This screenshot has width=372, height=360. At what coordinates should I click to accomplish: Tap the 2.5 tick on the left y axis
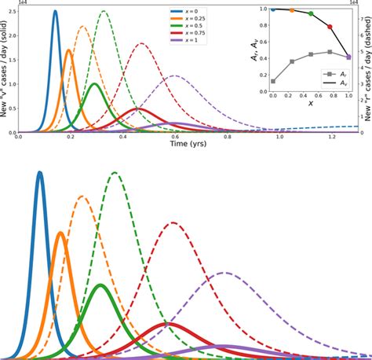13,11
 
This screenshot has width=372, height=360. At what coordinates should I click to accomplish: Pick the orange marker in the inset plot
292,10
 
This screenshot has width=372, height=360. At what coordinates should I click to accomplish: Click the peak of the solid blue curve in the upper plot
55,11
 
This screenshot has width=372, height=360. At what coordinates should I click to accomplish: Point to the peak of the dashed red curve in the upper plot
142,43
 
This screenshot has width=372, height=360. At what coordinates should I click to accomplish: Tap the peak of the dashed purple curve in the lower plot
225,273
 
